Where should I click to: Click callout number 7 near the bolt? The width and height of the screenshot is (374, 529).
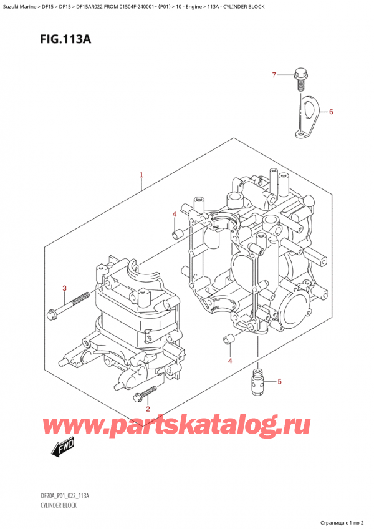click(x=273, y=75)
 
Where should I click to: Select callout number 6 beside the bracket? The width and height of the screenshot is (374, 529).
click(x=332, y=112)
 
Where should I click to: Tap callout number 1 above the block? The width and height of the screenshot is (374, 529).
click(x=141, y=175)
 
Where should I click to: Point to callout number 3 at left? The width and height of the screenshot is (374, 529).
click(x=64, y=288)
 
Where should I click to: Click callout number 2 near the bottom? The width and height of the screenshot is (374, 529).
click(x=147, y=409)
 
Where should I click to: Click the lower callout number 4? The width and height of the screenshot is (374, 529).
click(x=229, y=361)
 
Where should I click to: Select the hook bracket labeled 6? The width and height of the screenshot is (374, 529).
click(x=307, y=114)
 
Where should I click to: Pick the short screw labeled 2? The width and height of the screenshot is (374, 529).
click(x=148, y=392)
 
